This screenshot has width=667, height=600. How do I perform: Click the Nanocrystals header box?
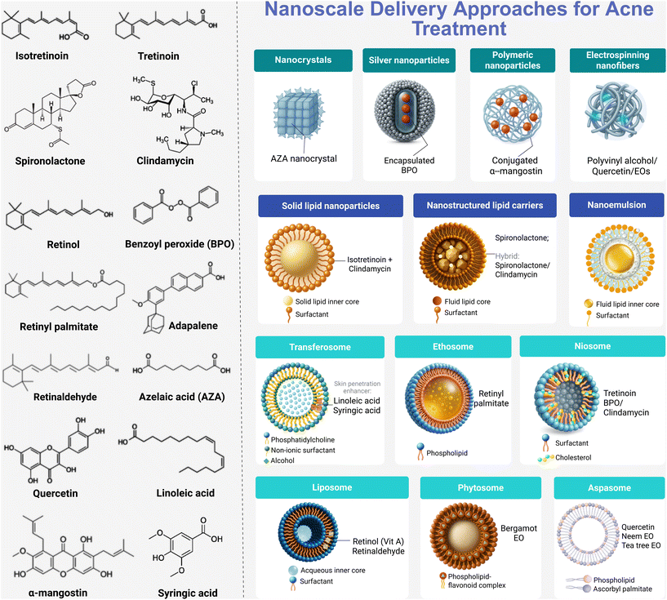[x=303, y=60]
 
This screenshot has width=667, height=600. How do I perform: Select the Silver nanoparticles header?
[x=409, y=60]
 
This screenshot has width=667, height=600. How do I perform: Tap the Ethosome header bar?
[x=453, y=347]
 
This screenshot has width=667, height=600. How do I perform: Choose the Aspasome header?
[x=609, y=487]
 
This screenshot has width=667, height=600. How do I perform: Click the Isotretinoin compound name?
[x=42, y=56]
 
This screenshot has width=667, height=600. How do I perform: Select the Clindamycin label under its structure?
[x=165, y=161]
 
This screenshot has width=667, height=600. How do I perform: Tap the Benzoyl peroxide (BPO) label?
[x=180, y=244]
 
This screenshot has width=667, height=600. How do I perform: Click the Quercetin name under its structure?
[x=56, y=493]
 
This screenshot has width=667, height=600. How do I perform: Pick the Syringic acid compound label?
[x=188, y=593]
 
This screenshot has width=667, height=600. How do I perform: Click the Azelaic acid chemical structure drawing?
[x=181, y=364]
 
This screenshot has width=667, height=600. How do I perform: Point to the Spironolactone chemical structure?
[x=50, y=113]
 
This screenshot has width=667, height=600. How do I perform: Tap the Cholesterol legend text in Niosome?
[x=573, y=457]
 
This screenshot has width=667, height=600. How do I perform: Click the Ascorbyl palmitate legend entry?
[x=622, y=589]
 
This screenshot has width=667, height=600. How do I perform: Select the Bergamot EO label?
[x=518, y=533]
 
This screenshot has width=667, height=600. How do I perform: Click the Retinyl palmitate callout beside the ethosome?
[x=491, y=398]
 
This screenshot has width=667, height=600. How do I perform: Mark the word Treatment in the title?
[x=460, y=29]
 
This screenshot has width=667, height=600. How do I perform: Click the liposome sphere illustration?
[x=308, y=532]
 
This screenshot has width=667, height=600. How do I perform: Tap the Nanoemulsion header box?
[x=616, y=205]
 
